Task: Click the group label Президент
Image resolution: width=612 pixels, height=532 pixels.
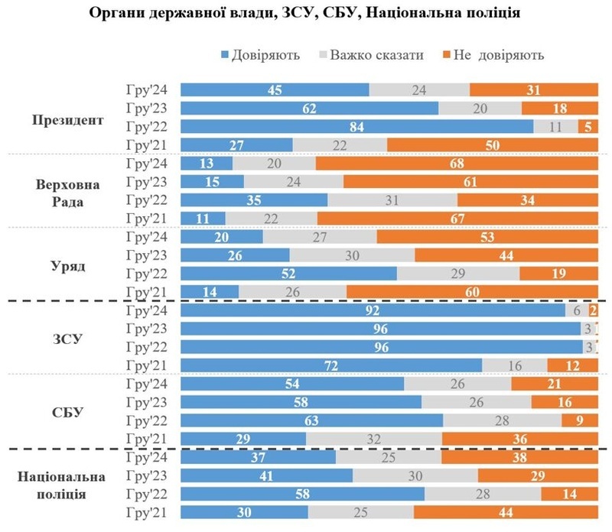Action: point(68,119)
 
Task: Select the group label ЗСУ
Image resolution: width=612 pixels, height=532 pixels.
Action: point(68,339)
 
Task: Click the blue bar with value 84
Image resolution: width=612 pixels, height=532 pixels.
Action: point(356,126)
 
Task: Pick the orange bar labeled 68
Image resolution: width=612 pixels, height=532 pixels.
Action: point(456,163)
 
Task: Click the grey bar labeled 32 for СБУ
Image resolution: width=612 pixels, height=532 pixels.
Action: point(373,439)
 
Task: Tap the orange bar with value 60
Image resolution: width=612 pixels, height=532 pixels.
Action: point(471,291)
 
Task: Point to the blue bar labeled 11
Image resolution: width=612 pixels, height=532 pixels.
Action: point(202,219)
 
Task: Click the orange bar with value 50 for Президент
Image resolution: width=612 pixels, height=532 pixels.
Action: point(492,144)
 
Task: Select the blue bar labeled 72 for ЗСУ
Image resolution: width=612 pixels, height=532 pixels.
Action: point(330,365)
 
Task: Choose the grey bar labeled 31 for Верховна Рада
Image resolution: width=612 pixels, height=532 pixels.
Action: point(392,199)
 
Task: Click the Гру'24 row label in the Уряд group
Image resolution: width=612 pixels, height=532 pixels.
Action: point(148,236)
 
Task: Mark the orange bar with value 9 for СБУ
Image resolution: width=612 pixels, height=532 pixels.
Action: point(579,420)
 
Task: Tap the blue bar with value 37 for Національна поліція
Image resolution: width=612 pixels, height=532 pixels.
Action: point(257,457)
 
